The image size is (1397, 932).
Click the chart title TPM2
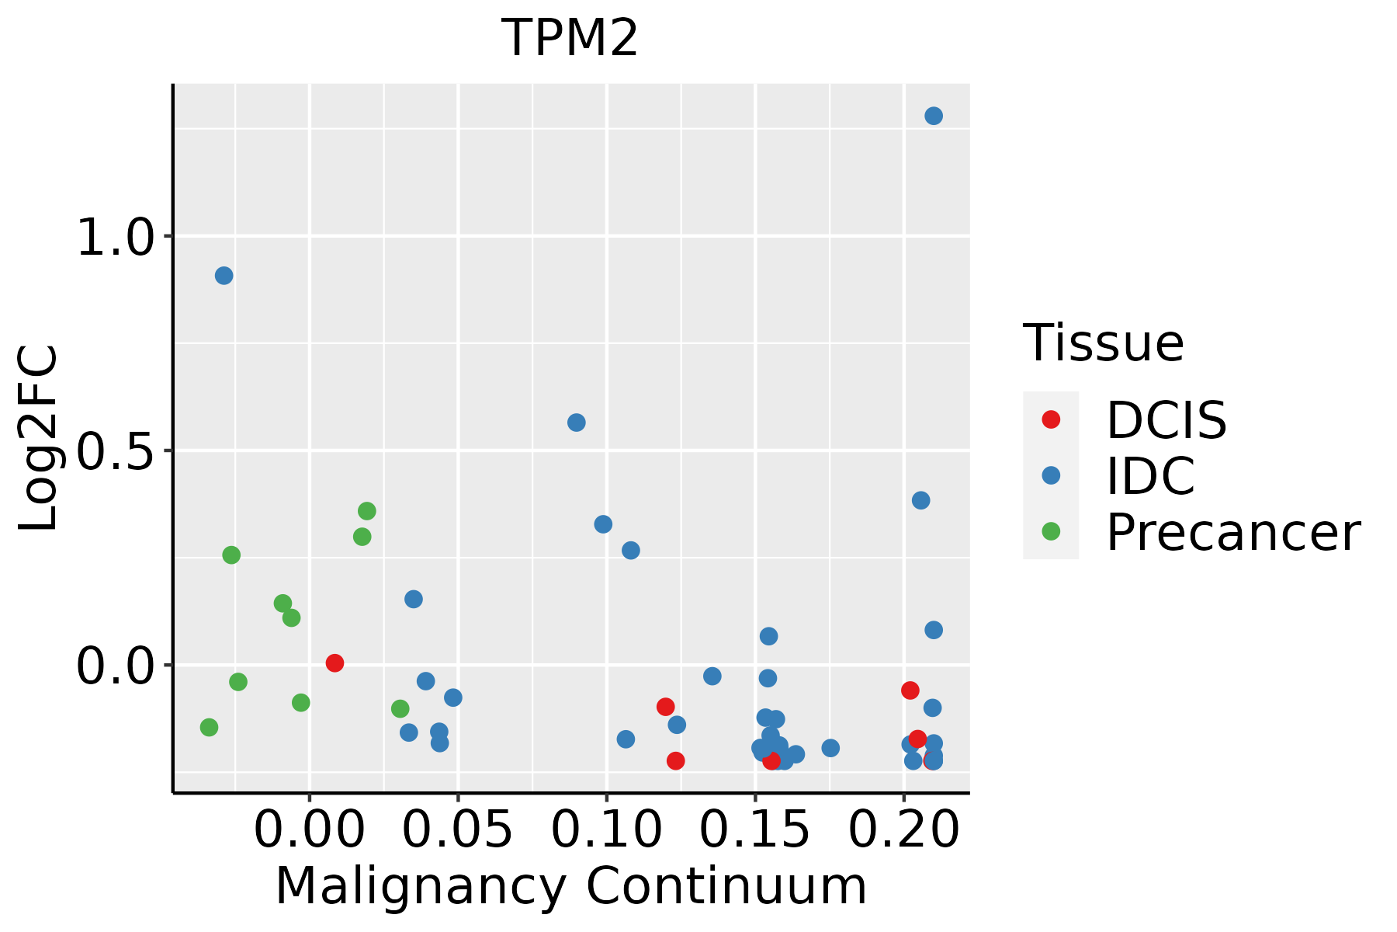point(570,39)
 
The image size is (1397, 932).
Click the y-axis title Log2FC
point(39,438)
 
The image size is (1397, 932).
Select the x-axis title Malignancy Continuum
point(570,887)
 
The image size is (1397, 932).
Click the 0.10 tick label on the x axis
point(607,830)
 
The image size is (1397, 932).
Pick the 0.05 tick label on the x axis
point(459,830)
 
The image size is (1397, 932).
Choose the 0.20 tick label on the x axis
point(904,830)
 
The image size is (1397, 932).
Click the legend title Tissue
point(1104,343)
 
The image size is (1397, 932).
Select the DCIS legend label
point(1166,420)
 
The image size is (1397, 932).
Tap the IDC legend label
point(1150,476)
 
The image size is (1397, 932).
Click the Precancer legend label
point(1233,533)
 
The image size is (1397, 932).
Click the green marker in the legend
point(1051,532)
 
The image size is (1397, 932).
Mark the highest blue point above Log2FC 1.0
point(934,116)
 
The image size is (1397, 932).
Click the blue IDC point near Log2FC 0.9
point(224,276)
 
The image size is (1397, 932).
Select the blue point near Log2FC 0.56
point(576,423)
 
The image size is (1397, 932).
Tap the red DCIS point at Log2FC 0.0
point(335,663)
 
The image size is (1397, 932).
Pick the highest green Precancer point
point(367,511)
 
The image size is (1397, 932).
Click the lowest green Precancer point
point(209,728)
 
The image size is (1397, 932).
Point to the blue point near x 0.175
point(830,748)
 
